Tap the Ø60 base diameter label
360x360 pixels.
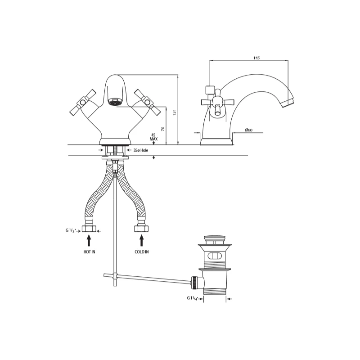[x=248, y=130]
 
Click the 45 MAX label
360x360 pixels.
[x=154, y=136]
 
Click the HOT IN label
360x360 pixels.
[x=90, y=252]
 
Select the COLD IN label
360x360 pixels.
[x=142, y=252]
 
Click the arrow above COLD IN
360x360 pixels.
[x=142, y=239]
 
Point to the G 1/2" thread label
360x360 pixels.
[x=72, y=230]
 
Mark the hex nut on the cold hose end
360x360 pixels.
[x=142, y=229]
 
